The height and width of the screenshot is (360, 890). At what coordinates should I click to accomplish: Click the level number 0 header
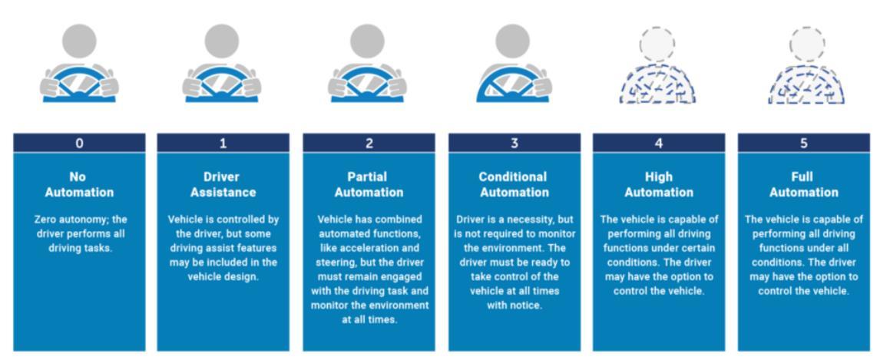pos(79,143)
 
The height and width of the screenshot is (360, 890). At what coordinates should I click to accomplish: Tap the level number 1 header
pos(223,143)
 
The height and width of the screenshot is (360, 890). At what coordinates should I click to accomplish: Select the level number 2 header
pos(369,143)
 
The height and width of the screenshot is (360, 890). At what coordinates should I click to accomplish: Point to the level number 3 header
pos(514,143)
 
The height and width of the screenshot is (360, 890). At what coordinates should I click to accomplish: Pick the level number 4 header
pos(659,143)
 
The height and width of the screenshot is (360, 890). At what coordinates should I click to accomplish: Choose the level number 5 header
pos(804,143)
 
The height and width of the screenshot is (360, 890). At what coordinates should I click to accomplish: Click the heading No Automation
pos(79,184)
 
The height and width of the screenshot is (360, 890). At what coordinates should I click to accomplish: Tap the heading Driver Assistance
pos(223,184)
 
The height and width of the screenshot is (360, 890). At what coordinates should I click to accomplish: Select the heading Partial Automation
pos(369,184)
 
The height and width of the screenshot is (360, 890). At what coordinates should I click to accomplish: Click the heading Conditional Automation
pos(514,184)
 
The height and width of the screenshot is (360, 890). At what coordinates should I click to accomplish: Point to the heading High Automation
pos(659,184)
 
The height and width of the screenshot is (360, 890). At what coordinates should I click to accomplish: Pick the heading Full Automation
pos(804,184)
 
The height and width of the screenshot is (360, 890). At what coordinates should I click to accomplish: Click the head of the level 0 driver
pos(79,42)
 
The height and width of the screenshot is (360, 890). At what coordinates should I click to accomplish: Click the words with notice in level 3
pos(514,305)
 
